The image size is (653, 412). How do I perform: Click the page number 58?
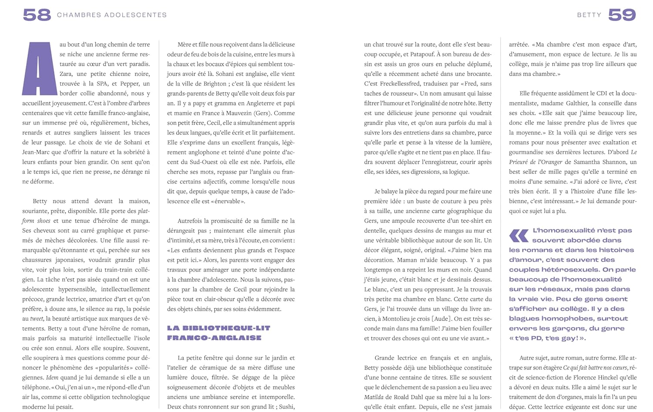point(37,15)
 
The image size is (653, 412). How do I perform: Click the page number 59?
point(622,15)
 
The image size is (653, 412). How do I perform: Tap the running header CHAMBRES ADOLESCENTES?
point(112,15)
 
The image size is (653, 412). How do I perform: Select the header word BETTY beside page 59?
point(589,15)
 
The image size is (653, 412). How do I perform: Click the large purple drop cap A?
point(38,68)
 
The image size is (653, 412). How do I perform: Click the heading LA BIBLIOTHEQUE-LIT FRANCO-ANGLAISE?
point(219,333)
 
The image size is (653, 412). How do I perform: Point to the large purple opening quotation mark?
point(519,235)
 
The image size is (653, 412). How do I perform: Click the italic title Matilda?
point(374,397)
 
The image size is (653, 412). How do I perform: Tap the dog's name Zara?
point(67,74)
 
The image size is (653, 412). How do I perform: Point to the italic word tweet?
point(37,318)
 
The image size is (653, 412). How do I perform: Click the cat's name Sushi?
point(286,407)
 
